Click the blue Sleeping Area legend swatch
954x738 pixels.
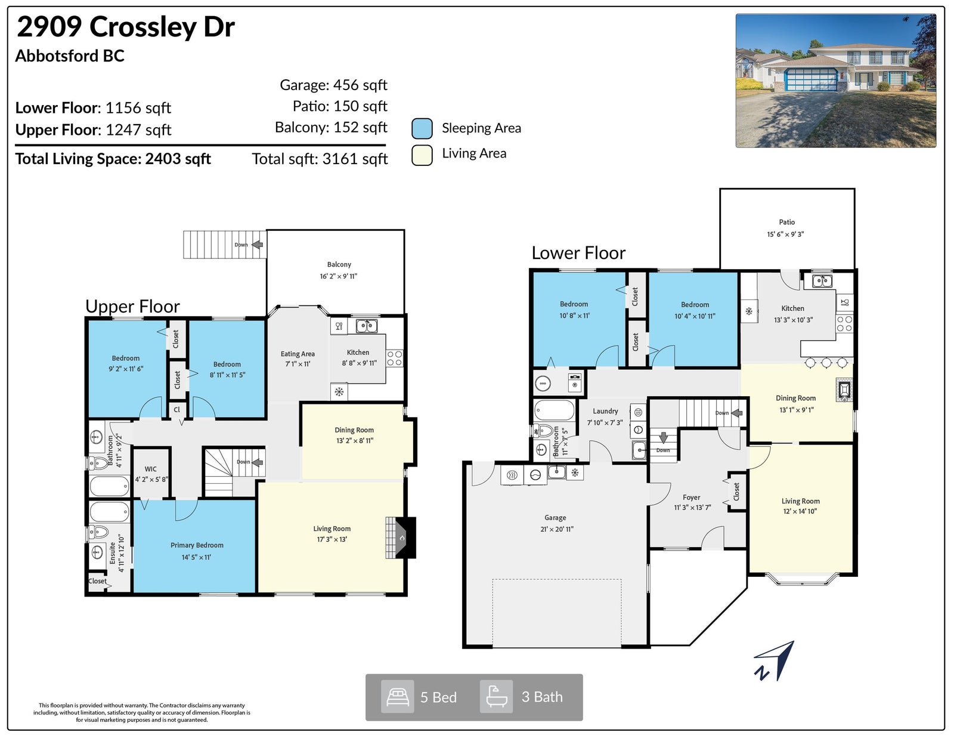pyautogui.click(x=422, y=129)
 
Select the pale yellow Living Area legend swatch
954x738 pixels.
pyautogui.click(x=422, y=155)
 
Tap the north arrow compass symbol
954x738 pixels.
pyautogui.click(x=775, y=661)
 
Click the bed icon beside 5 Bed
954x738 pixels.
pyautogui.click(x=397, y=697)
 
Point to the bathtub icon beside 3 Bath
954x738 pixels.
pyautogui.click(x=496, y=697)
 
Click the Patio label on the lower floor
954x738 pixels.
pyautogui.click(x=786, y=223)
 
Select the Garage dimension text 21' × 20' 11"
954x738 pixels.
pyautogui.click(x=557, y=529)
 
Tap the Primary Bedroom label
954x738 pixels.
pyautogui.click(x=197, y=545)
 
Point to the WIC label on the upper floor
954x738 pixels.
pyautogui.click(x=151, y=469)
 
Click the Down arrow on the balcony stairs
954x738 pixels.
pyautogui.click(x=257, y=244)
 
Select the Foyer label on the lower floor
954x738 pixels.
pyautogui.click(x=692, y=498)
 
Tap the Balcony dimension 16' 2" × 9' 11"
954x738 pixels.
pyautogui.click(x=339, y=276)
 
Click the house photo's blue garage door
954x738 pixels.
pyautogui.click(x=811, y=80)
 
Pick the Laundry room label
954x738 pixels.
pyautogui.click(x=605, y=411)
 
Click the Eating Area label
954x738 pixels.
pyautogui.click(x=298, y=354)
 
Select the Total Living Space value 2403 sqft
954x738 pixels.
pyautogui.click(x=178, y=159)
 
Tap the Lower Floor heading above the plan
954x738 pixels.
pyautogui.click(x=578, y=253)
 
